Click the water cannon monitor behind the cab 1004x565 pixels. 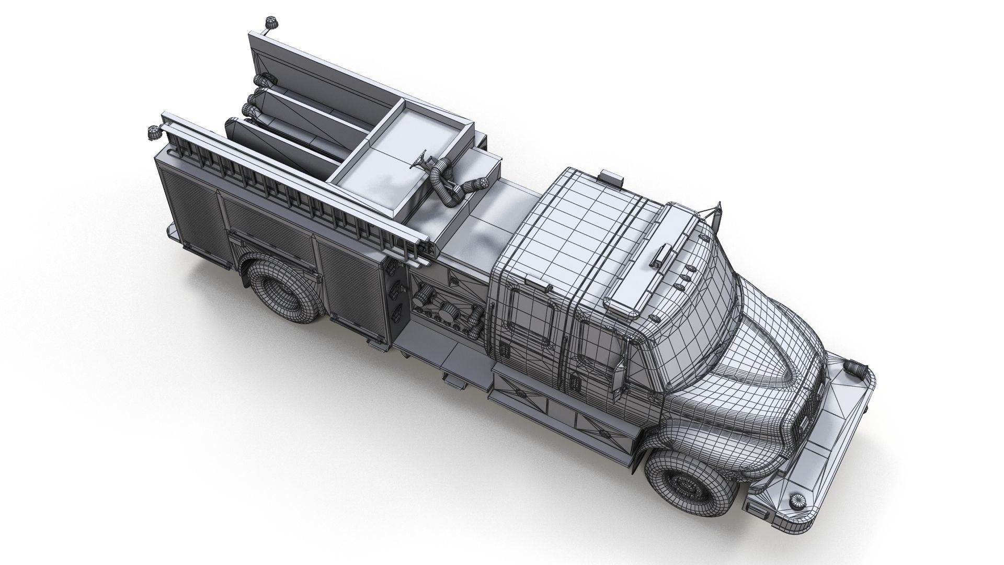point(444,180)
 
